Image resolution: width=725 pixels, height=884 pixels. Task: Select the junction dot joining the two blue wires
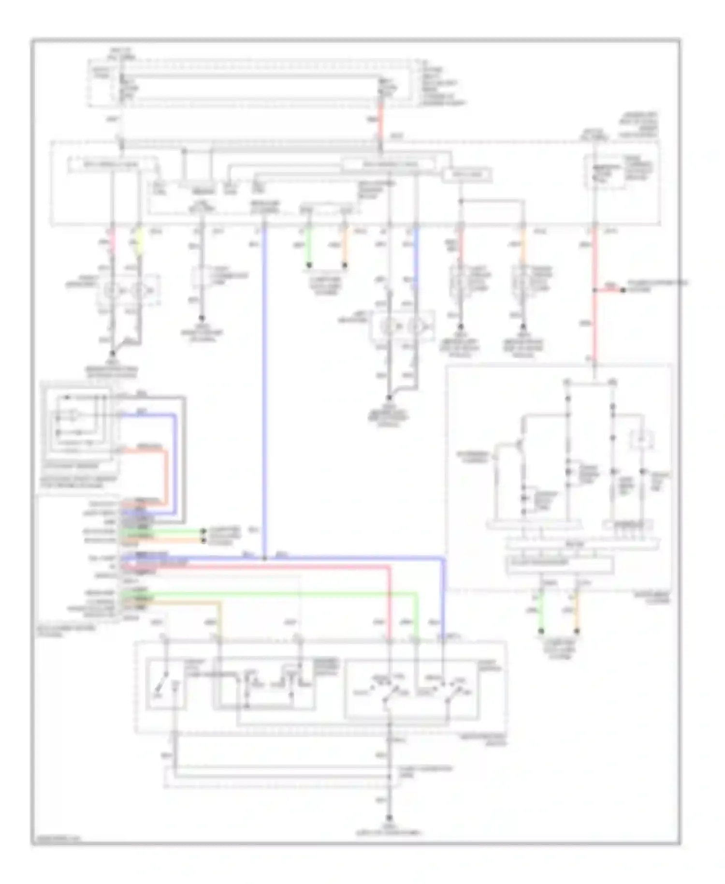264,558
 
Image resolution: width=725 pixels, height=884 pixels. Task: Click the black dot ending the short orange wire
345,265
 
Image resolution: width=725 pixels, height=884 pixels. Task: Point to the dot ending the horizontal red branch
623,290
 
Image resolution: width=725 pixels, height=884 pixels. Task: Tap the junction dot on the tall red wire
595,290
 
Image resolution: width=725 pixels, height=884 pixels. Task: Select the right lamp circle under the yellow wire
138,291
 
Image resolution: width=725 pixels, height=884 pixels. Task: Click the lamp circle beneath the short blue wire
414,327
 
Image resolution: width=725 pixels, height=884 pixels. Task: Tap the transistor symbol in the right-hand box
522,443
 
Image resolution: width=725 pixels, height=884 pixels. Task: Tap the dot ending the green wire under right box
541,631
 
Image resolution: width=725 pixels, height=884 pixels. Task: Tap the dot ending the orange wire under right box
576,631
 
